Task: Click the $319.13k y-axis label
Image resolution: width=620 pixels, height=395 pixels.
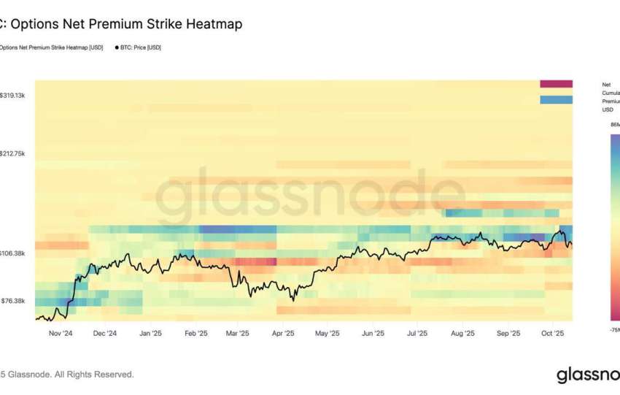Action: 13,95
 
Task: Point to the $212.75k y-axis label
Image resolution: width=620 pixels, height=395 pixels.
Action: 13,154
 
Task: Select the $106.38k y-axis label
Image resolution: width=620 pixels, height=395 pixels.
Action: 13,253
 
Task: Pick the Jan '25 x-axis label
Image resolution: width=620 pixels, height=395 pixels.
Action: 150,333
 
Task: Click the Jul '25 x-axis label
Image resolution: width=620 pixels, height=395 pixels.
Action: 416,333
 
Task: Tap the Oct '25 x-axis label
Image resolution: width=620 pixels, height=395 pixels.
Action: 551,333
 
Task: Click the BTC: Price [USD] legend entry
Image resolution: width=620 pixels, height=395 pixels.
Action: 139,47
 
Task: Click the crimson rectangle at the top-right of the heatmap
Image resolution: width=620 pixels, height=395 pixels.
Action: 556,84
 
